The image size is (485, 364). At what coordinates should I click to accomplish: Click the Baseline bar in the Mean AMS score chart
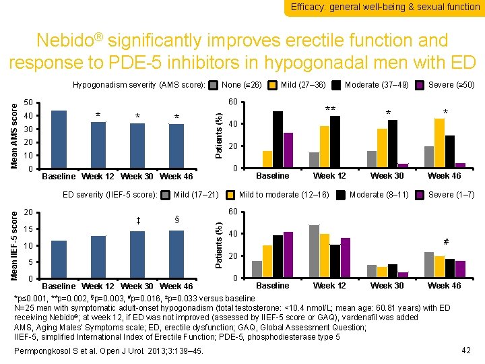click(59, 140)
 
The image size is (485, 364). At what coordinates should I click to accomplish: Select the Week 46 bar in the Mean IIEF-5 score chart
click(176, 255)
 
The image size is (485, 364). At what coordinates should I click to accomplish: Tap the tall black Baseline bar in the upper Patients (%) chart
click(278, 140)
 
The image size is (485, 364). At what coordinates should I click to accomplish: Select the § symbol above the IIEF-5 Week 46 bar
click(176, 220)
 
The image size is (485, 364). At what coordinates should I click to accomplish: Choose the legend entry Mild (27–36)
click(303, 85)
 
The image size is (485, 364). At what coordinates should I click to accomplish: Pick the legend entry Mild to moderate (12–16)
click(284, 195)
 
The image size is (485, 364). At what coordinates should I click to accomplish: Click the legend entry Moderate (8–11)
click(379, 195)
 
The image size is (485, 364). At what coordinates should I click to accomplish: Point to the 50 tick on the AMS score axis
click(28, 102)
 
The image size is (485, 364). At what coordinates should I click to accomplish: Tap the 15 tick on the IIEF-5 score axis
click(28, 229)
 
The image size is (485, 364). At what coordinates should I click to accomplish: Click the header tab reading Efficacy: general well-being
click(385, 7)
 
